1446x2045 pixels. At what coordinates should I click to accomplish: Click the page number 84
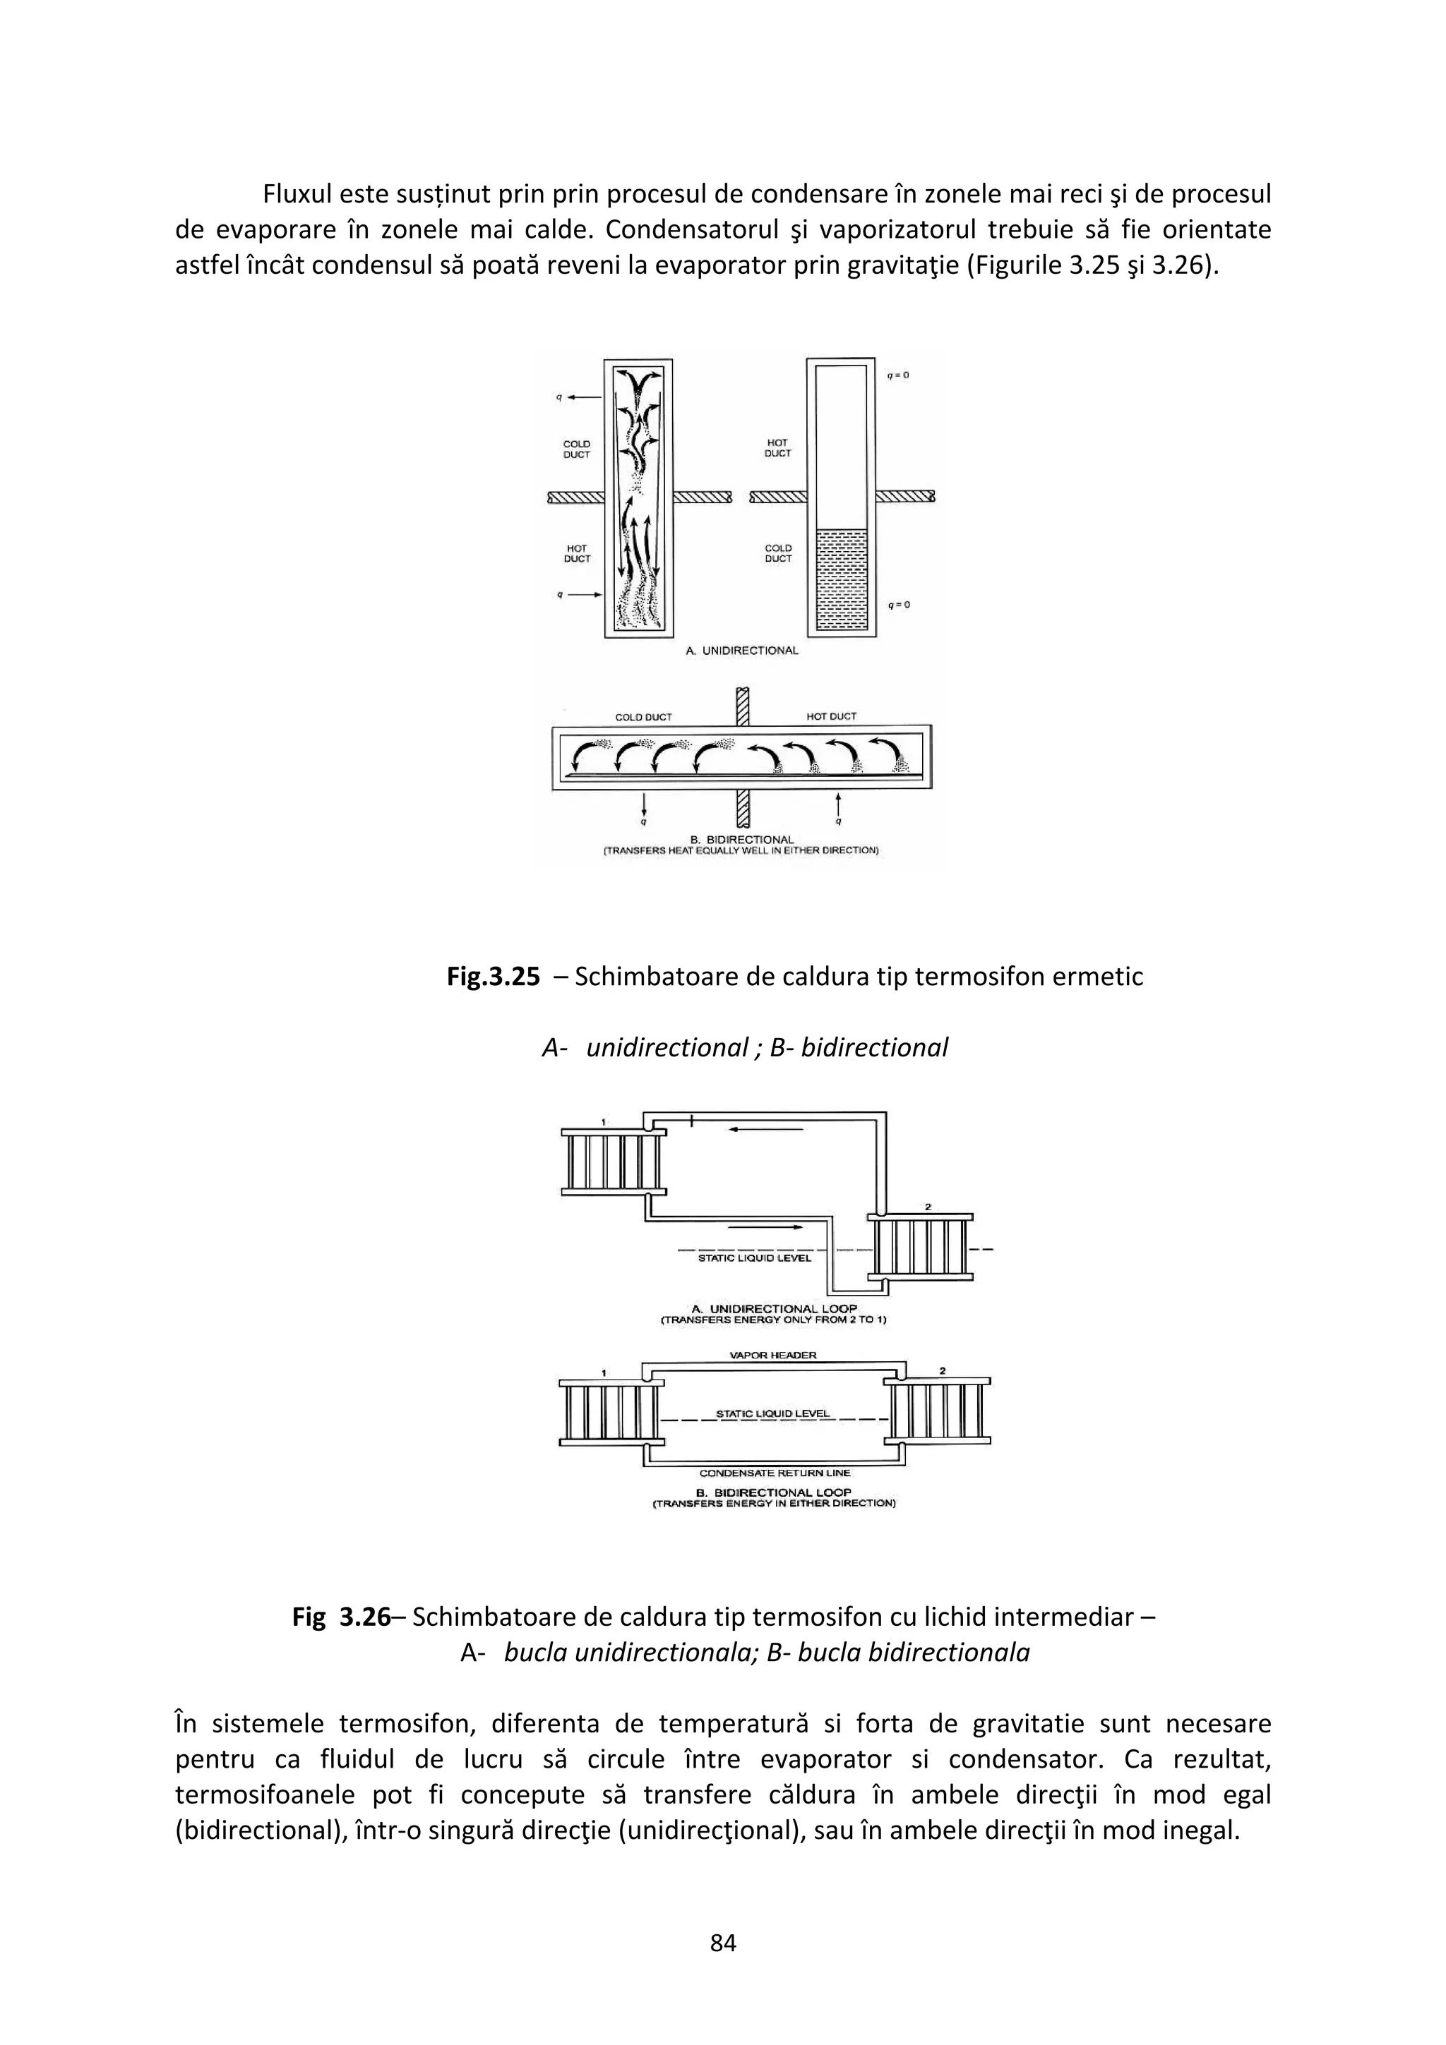[722, 1943]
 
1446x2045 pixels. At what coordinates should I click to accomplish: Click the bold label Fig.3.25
[493, 977]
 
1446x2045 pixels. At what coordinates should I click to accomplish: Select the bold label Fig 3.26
[341, 1617]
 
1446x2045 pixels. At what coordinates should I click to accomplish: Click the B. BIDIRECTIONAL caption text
[742, 839]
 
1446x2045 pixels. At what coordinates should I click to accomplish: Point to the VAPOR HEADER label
[772, 1356]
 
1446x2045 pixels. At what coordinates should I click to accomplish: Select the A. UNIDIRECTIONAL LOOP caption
[773, 1309]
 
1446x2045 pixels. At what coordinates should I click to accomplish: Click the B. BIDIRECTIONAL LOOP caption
[773, 1492]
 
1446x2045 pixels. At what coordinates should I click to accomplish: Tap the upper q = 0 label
[897, 376]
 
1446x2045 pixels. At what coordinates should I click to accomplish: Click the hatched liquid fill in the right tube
[841, 579]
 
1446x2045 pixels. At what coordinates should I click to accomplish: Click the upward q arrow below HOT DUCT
[838, 805]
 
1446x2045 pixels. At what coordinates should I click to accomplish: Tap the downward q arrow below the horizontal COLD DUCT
[644, 805]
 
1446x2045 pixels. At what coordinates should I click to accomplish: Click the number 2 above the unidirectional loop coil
[928, 1207]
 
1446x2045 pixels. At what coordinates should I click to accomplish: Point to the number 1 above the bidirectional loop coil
[604, 1373]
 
